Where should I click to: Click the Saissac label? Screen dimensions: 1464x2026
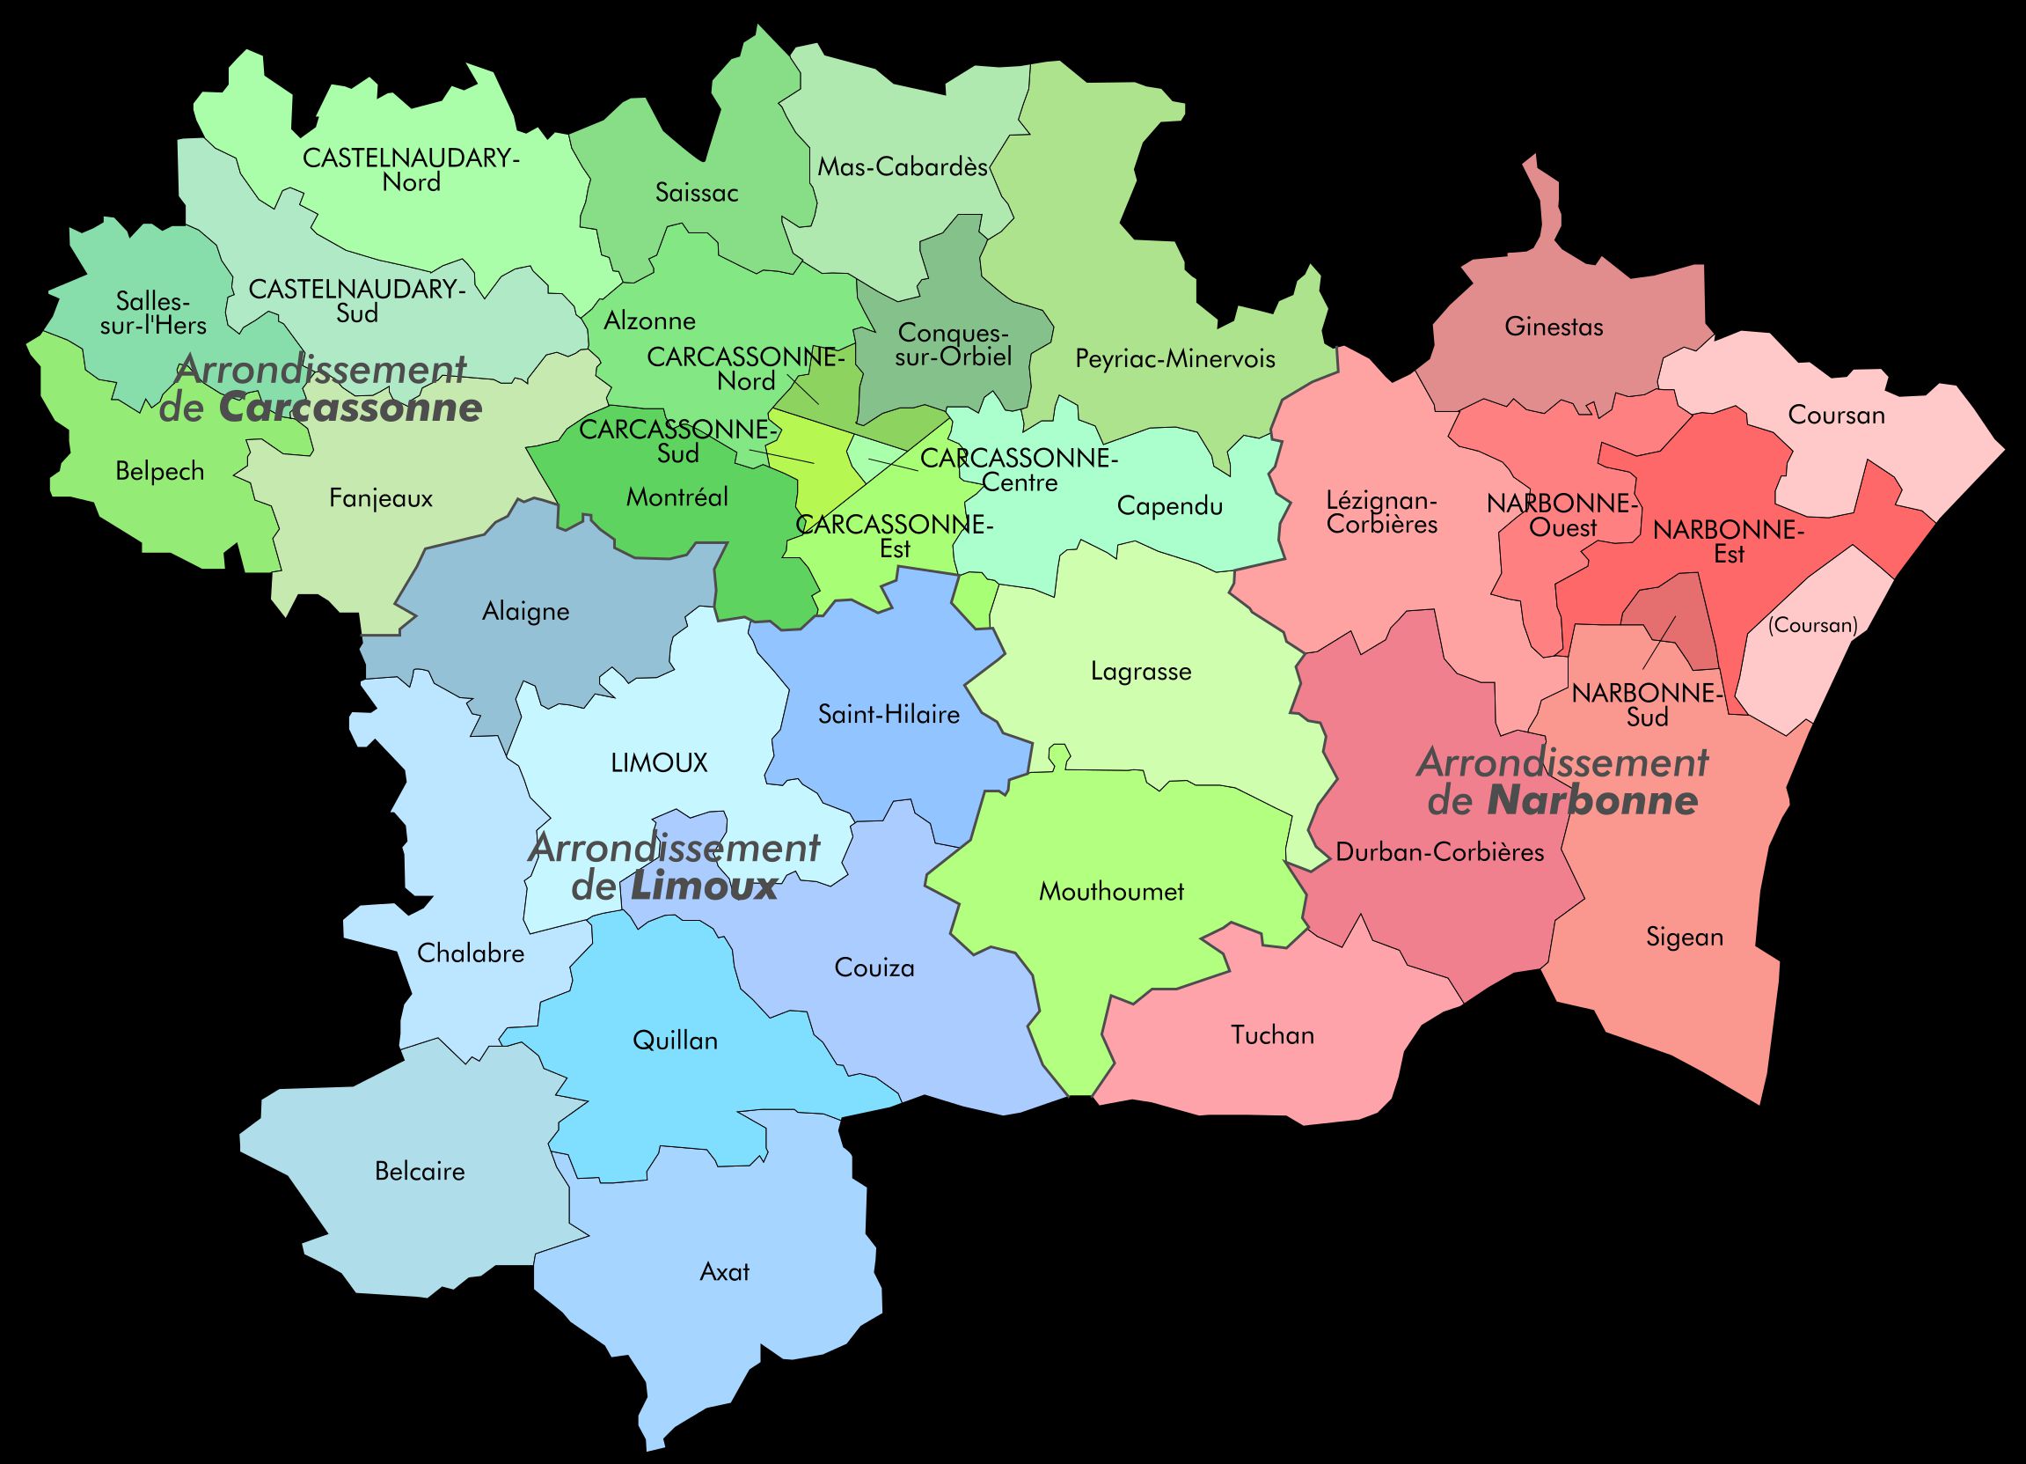[x=696, y=193]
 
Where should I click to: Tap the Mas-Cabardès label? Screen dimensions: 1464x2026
[x=903, y=167]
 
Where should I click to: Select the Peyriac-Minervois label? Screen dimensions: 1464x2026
[x=1174, y=359]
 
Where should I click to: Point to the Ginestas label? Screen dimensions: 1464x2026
[x=1554, y=327]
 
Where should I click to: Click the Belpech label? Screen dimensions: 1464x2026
[x=160, y=472]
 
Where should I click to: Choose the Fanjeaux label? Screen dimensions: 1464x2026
[x=381, y=499]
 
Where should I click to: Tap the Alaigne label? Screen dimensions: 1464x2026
[x=525, y=612]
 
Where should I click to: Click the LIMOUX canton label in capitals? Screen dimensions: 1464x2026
[x=659, y=762]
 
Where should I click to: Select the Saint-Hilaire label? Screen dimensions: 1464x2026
[x=889, y=715]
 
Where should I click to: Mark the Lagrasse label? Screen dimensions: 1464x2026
[x=1141, y=671]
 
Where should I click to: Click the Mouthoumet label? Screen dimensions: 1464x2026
[x=1111, y=891]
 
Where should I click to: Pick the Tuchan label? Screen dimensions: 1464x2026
[x=1272, y=1036]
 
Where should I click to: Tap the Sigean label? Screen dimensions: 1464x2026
[x=1684, y=938]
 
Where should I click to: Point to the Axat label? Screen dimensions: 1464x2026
[x=725, y=1272]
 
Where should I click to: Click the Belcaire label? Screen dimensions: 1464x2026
[x=420, y=1172]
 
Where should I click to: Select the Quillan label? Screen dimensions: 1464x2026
[x=675, y=1041]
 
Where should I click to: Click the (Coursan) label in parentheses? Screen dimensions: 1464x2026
[x=1812, y=626]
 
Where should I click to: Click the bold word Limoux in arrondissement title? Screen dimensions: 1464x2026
[x=704, y=887]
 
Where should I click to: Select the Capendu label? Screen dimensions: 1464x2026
[x=1169, y=507]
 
